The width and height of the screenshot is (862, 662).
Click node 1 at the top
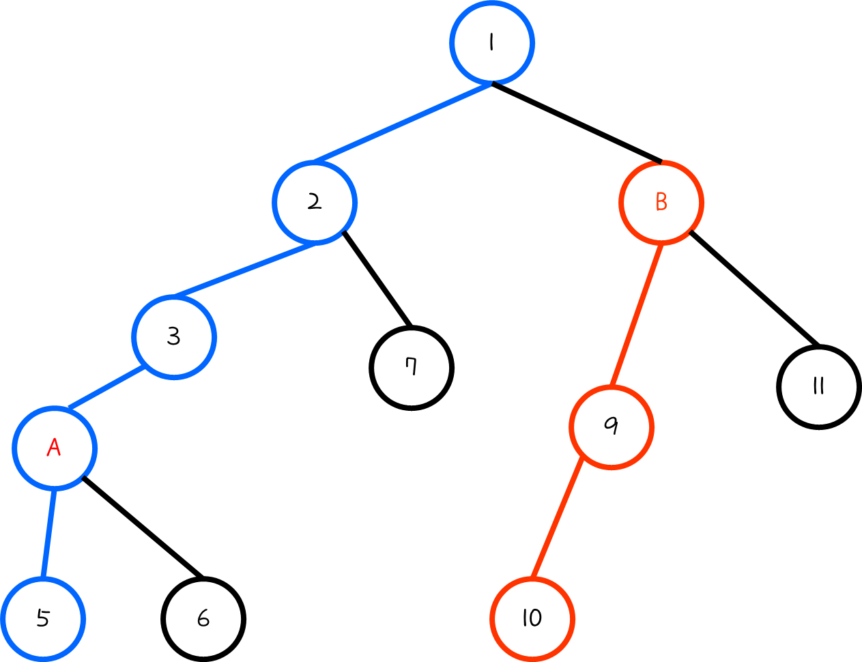pos(491,42)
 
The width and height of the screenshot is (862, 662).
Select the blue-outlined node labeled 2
pos(315,202)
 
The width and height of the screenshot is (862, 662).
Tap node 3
pos(174,336)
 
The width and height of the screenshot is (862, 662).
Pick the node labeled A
pos(55,448)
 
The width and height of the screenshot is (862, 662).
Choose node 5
pos(42,618)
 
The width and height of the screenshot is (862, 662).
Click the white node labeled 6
pos(203,618)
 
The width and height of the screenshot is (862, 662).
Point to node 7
pos(412,368)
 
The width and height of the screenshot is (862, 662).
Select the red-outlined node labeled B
pos(661,202)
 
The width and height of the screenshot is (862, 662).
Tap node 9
pos(612,427)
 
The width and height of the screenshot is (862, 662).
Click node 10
pos(532,618)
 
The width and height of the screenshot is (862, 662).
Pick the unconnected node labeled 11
pos(818,387)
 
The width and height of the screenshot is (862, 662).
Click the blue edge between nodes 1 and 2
pos(403,123)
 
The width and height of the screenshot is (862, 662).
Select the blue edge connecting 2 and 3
pos(244,270)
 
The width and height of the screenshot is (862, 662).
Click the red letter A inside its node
pos(54,448)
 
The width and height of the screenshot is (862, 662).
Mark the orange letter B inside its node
pos(661,202)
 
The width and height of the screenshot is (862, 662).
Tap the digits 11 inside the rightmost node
pos(818,387)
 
